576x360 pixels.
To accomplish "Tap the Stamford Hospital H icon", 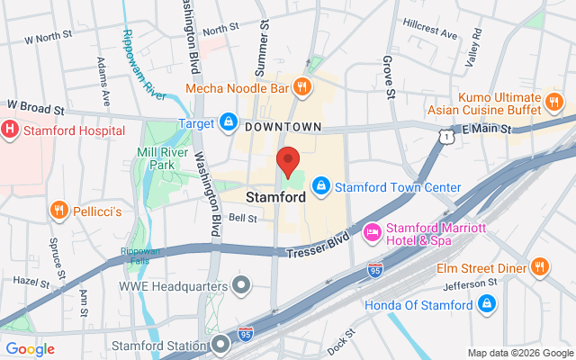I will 11,130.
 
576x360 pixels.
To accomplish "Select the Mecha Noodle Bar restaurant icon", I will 302,88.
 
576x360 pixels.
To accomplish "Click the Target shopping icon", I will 229,121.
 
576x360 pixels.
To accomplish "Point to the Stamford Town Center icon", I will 320,187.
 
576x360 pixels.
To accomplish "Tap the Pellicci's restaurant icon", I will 59,210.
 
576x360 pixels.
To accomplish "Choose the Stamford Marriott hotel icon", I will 372,234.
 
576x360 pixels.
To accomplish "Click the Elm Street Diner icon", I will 539,266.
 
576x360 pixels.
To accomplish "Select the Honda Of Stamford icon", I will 487,304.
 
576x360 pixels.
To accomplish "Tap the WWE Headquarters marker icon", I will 241,287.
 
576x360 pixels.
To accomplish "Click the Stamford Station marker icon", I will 222,345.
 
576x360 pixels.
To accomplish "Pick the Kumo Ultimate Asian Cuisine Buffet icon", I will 554,98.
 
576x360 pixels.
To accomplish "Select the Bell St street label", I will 243,218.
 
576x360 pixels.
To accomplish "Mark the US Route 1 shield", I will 445,135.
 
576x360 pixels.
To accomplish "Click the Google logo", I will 30,348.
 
